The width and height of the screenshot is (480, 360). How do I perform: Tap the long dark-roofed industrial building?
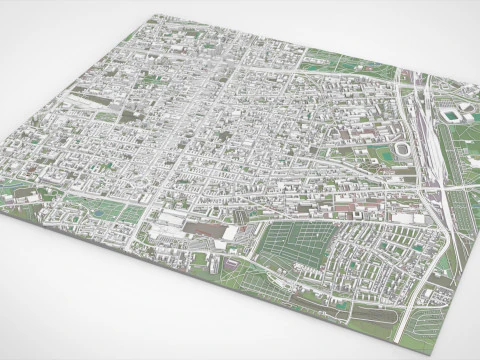point(206,229)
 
